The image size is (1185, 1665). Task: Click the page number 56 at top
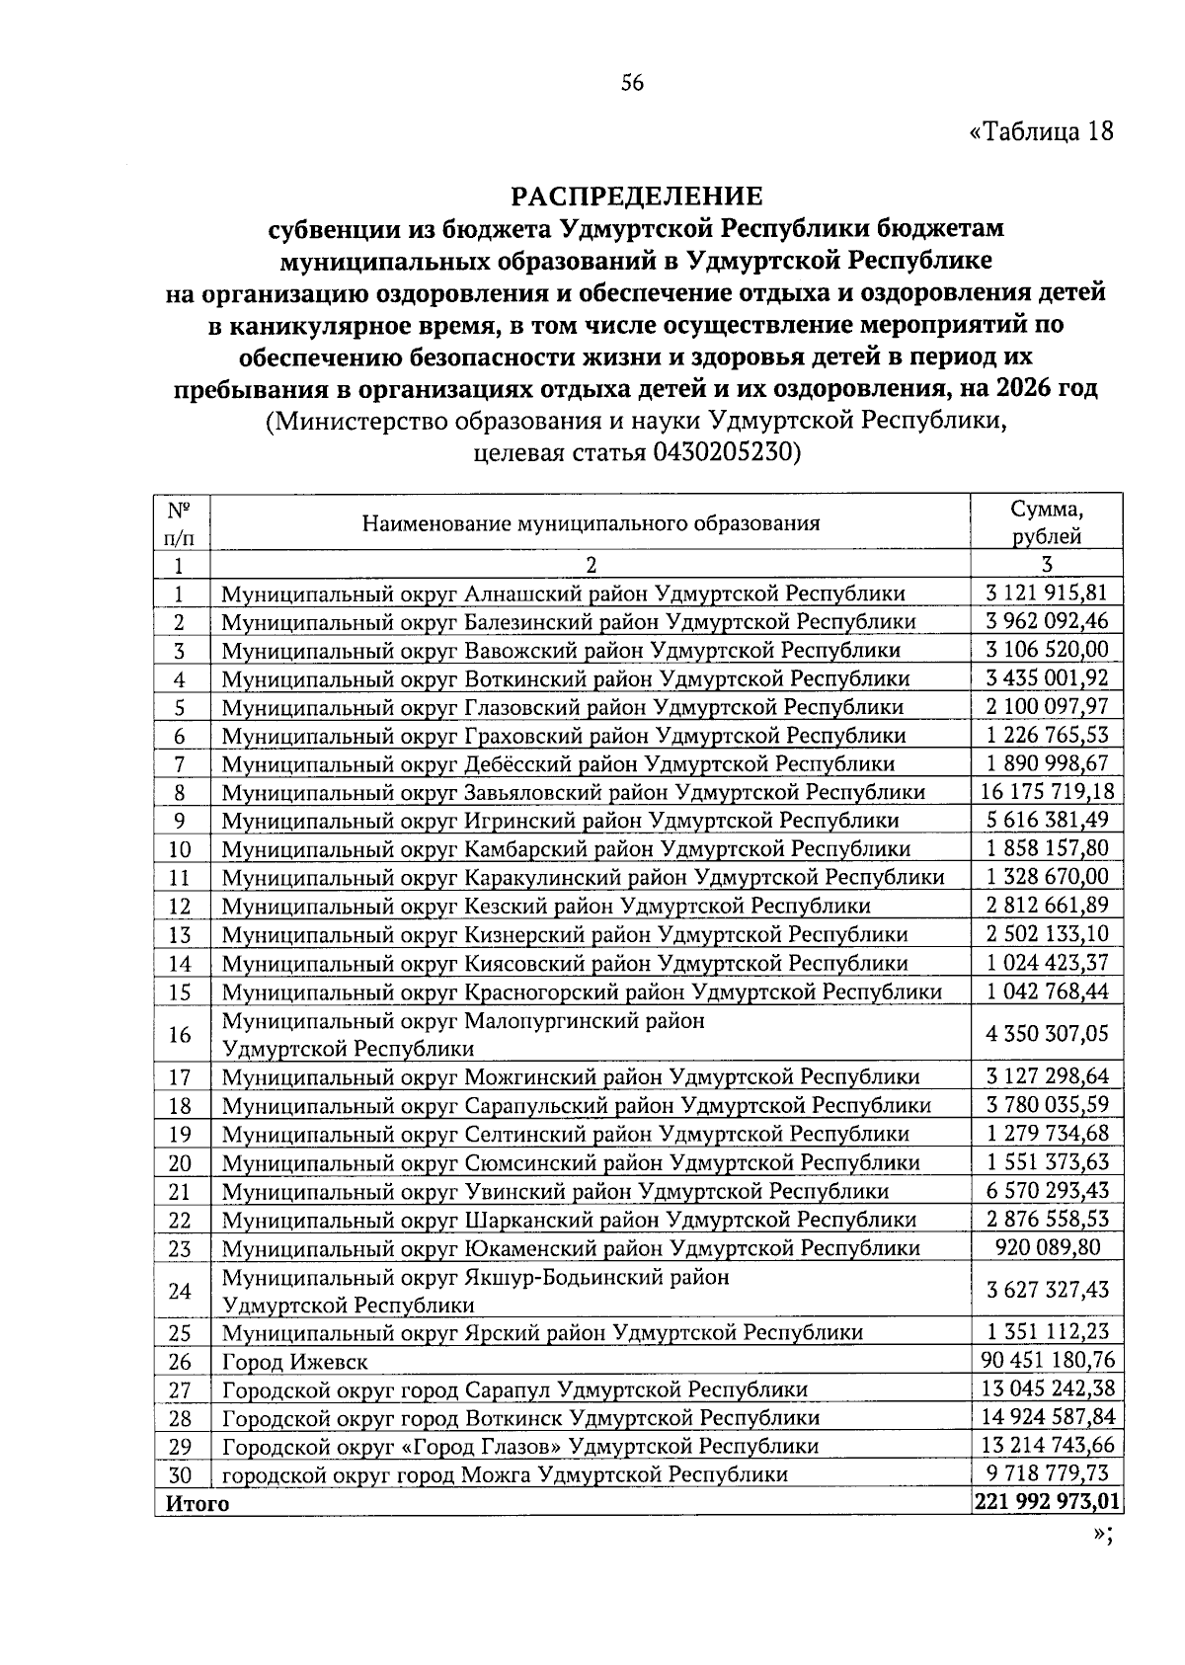(632, 84)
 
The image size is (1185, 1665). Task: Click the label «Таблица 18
(1042, 130)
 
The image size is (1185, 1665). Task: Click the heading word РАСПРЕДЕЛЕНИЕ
(637, 195)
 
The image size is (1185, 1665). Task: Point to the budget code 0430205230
(722, 453)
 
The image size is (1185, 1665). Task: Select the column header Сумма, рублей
(1047, 522)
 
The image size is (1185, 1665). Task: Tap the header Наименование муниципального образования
(591, 523)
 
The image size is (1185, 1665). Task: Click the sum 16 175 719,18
(1047, 791)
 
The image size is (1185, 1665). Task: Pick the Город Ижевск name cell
(295, 1362)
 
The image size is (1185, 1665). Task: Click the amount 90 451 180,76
(1047, 1360)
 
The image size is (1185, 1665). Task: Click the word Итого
(197, 1504)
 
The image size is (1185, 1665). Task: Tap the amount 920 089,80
(1047, 1246)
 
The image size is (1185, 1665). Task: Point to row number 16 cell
(180, 1034)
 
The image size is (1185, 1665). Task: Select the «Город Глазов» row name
(520, 1447)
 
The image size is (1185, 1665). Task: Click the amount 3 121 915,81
(1047, 593)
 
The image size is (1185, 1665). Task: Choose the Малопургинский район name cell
(464, 1034)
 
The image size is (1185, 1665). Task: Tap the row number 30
(180, 1475)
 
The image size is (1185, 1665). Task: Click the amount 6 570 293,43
(1047, 1190)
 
